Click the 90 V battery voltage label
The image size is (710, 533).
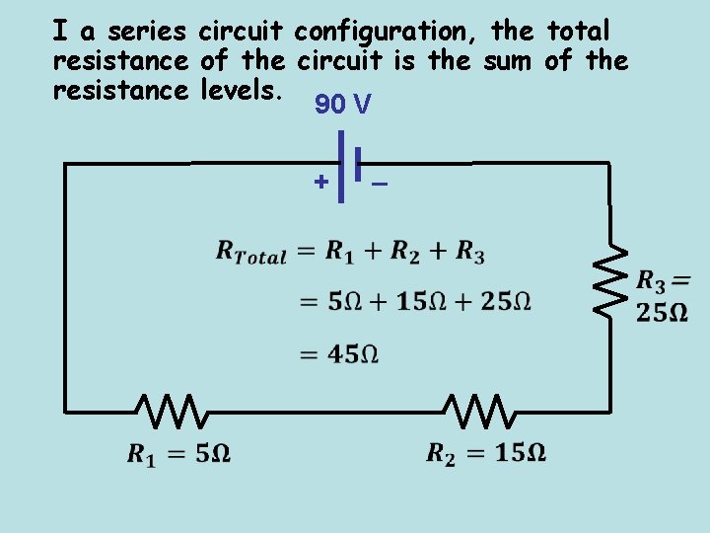click(342, 104)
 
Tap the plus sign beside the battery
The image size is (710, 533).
click(320, 182)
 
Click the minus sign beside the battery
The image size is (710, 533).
click(379, 184)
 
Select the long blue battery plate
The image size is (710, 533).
click(340, 167)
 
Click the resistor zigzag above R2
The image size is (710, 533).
click(476, 410)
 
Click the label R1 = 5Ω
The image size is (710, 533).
click(178, 454)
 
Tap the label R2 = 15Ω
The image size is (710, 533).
click(486, 453)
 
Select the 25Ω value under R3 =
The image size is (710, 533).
click(662, 313)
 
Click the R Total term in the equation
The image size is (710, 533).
click(250, 253)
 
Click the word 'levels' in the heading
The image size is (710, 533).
click(242, 91)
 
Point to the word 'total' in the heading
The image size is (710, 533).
click(579, 32)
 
